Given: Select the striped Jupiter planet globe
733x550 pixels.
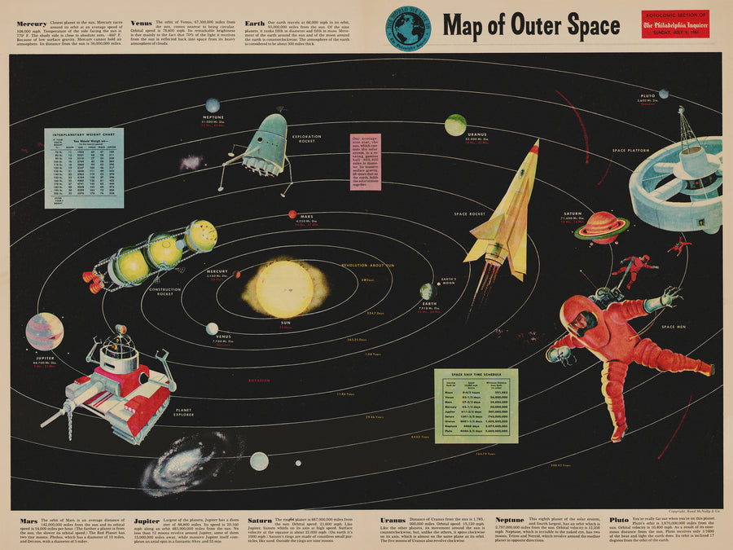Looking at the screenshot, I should [44, 331].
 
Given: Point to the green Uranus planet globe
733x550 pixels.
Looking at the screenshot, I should [455, 125].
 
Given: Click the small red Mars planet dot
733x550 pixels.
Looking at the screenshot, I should [292, 214].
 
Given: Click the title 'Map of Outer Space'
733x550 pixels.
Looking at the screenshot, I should [531, 25].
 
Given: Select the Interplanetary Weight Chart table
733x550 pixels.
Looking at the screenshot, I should [84, 167].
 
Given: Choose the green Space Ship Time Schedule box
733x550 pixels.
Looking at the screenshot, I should [476, 406].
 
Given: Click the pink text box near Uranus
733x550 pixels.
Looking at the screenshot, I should [366, 162].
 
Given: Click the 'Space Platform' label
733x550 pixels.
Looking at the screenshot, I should [631, 151].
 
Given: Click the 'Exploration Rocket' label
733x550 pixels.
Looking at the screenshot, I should [306, 139].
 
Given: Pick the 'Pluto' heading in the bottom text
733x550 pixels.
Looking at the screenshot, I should [619, 519].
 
